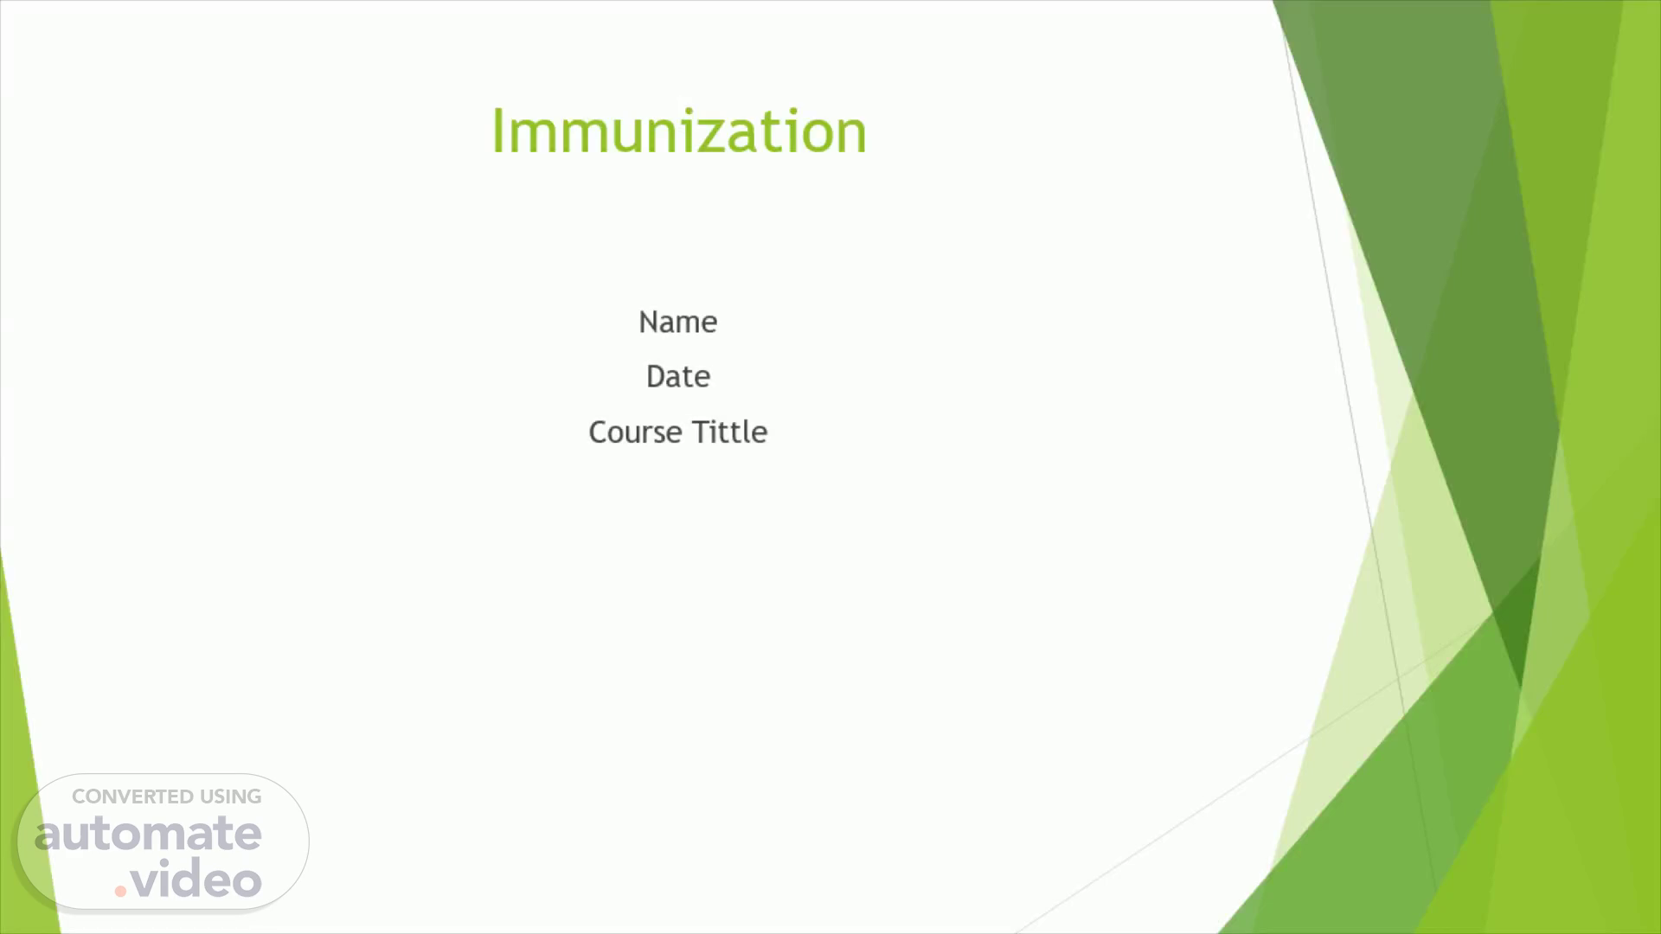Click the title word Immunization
tap(679, 131)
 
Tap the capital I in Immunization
tap(497, 131)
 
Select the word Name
tap(678, 322)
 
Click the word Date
tap(678, 376)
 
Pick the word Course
tap(635, 432)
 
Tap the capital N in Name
tap(649, 322)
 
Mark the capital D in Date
tap(657, 376)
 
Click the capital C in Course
tap(599, 432)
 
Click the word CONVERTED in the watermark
tap(132, 796)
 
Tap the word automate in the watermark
tap(148, 834)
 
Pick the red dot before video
tap(121, 891)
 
